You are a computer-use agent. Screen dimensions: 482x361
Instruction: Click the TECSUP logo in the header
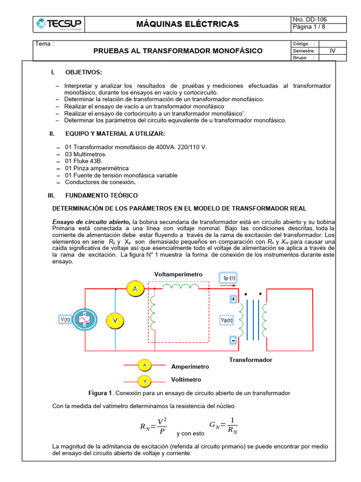59,24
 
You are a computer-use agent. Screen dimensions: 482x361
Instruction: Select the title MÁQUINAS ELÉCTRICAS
188,24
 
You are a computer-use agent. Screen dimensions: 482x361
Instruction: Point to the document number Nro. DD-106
310,20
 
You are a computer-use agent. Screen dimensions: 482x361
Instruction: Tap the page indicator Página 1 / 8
309,27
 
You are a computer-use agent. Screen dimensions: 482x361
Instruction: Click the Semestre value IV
332,51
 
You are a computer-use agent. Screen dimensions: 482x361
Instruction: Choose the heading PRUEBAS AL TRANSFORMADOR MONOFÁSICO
178,51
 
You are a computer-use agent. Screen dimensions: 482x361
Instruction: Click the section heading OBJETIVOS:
83,72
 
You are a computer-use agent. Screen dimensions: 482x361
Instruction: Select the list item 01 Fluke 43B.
84,161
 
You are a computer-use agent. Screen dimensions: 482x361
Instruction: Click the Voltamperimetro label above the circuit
178,274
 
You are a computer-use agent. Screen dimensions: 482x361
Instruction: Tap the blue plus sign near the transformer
233,299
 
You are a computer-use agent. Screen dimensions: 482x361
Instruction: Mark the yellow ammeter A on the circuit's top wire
135,289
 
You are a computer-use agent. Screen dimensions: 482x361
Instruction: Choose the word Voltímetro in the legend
186,379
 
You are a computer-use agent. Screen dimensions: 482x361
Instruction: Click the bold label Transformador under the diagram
251,360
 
